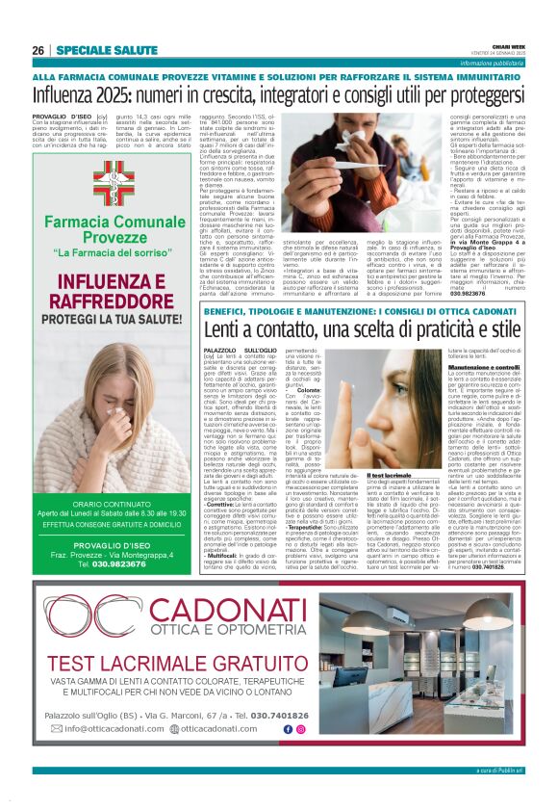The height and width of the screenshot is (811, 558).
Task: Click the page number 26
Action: click(38, 50)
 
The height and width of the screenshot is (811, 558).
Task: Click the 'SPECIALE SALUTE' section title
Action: click(94, 50)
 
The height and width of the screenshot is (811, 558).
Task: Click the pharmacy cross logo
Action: click(114, 183)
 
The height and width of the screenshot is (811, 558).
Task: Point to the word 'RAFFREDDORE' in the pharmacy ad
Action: click(114, 300)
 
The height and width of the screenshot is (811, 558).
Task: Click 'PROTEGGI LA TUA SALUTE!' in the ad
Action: click(114, 319)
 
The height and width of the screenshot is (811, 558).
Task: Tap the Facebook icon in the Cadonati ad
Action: click(287, 757)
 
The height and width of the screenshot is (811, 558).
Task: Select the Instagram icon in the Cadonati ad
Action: click(299, 757)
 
